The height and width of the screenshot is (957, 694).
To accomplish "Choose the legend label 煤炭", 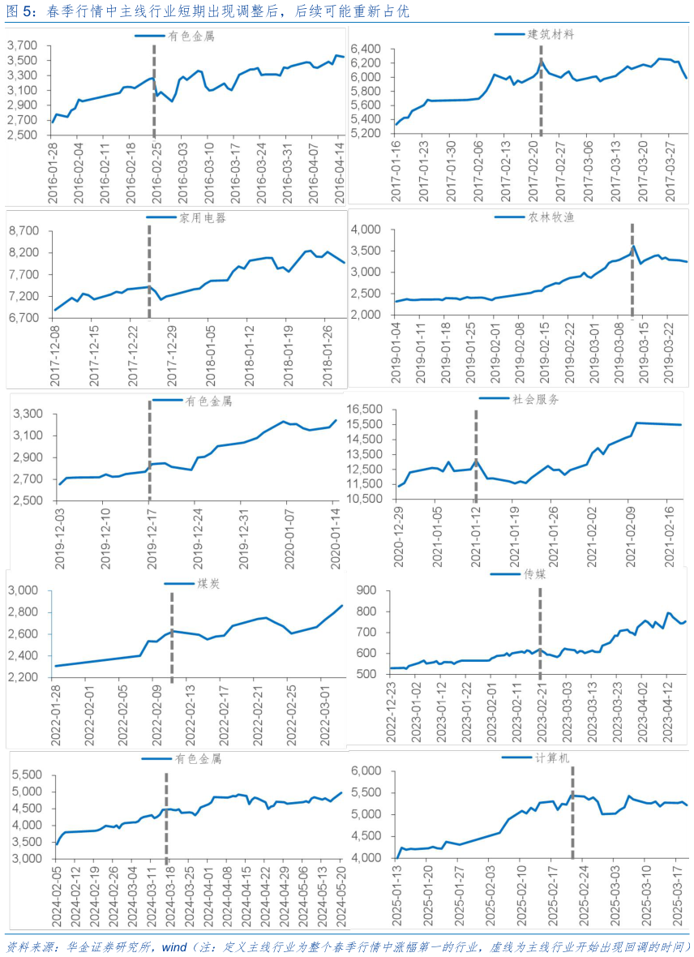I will coord(208,584).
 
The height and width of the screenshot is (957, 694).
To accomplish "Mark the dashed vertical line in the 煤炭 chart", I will coord(172,633).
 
